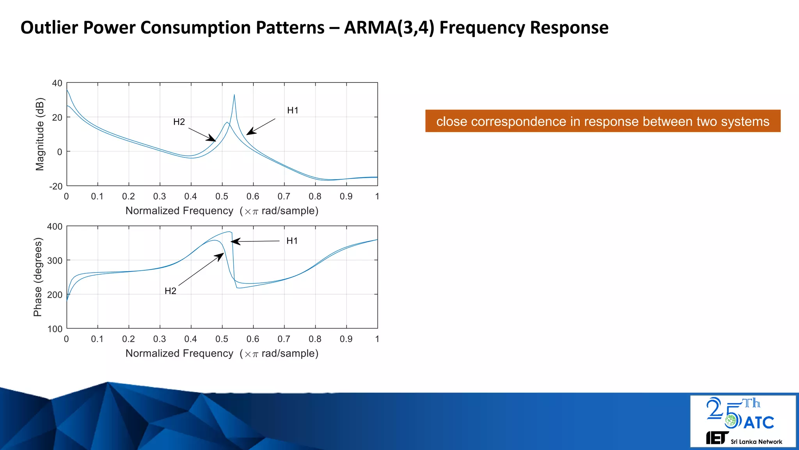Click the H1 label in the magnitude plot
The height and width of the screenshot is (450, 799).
[x=293, y=111]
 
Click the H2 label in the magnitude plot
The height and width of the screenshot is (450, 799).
[x=179, y=122]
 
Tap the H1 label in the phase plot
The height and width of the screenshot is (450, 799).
[x=292, y=241]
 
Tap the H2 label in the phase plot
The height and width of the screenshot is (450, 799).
[x=170, y=291]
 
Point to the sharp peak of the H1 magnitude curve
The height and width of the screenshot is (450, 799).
[x=234, y=95]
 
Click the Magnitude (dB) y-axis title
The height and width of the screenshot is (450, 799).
[x=40, y=134]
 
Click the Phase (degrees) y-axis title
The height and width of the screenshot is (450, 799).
[x=37, y=277]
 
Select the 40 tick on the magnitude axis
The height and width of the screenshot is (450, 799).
[x=57, y=83]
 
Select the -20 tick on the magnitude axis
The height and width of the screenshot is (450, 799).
[x=55, y=186]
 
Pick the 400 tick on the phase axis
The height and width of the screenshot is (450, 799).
[x=55, y=227]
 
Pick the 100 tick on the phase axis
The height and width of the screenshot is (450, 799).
[x=55, y=329]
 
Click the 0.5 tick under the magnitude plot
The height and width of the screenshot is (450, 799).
[x=222, y=196]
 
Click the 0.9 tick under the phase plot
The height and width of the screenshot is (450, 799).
[x=346, y=339]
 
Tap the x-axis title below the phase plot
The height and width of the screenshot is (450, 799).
[x=222, y=354]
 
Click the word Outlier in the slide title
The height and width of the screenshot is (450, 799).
[x=49, y=28]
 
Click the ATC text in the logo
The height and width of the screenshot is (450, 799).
[x=758, y=423]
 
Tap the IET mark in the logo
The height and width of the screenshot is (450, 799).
[x=717, y=438]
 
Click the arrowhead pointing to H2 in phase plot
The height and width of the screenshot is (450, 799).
[x=220, y=256]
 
